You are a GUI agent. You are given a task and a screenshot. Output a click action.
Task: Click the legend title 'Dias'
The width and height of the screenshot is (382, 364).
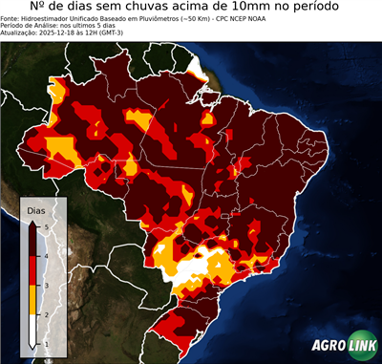tap(35, 210)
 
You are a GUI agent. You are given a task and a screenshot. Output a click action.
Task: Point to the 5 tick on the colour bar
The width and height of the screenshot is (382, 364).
tap(45, 225)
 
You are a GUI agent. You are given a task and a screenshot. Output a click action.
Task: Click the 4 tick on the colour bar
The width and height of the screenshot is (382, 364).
tap(45, 255)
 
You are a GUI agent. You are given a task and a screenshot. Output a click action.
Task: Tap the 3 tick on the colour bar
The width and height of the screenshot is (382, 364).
tap(45, 285)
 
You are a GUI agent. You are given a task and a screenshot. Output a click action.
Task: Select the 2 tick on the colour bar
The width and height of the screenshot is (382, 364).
tap(45, 313)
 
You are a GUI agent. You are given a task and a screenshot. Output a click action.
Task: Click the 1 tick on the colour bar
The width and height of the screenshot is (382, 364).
tap(45, 343)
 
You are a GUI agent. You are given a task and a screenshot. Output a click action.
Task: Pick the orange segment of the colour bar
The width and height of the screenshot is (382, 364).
tap(32, 299)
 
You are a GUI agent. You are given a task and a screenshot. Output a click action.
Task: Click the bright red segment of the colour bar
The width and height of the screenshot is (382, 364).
tap(32, 269)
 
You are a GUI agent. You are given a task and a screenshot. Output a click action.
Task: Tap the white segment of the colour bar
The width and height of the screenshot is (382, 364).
tap(32, 329)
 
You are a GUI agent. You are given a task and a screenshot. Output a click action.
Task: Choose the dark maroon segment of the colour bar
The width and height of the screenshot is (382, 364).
tap(32, 240)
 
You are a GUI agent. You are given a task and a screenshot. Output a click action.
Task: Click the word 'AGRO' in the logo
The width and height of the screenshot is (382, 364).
tap(327, 347)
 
